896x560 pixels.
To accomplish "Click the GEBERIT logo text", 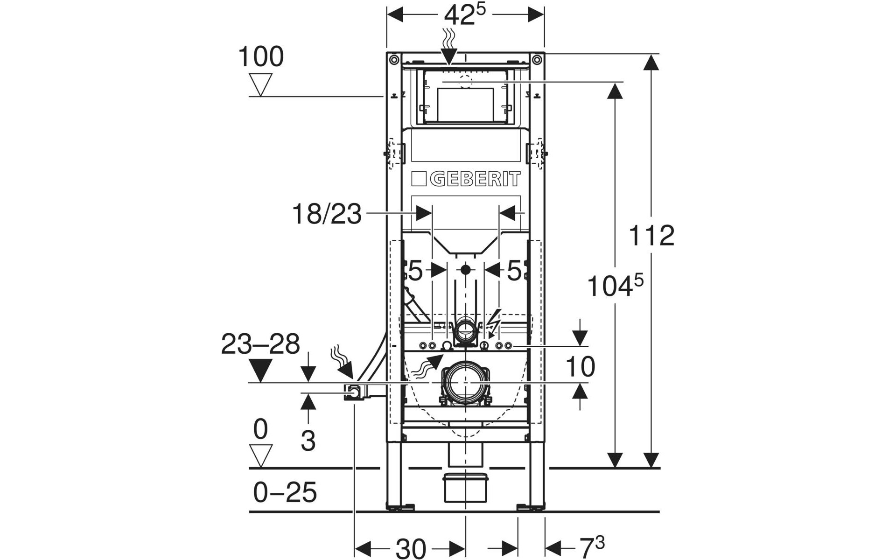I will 474,179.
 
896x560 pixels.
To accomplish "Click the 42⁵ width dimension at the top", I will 465,15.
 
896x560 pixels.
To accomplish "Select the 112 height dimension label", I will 651,236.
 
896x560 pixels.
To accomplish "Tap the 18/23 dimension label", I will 327,215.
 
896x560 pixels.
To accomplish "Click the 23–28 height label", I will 260,344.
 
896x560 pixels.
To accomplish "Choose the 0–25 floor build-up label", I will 285,492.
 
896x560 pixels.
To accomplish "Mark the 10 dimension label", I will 580,366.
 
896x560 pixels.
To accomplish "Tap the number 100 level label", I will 260,57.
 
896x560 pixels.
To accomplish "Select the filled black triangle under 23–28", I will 260,371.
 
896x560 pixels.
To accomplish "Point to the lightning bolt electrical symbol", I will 493,321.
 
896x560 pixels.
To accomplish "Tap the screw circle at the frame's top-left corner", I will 394,59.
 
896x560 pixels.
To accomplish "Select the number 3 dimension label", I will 308,440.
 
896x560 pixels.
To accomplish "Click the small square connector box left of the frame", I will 354,392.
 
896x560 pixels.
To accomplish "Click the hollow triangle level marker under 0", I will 260,455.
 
